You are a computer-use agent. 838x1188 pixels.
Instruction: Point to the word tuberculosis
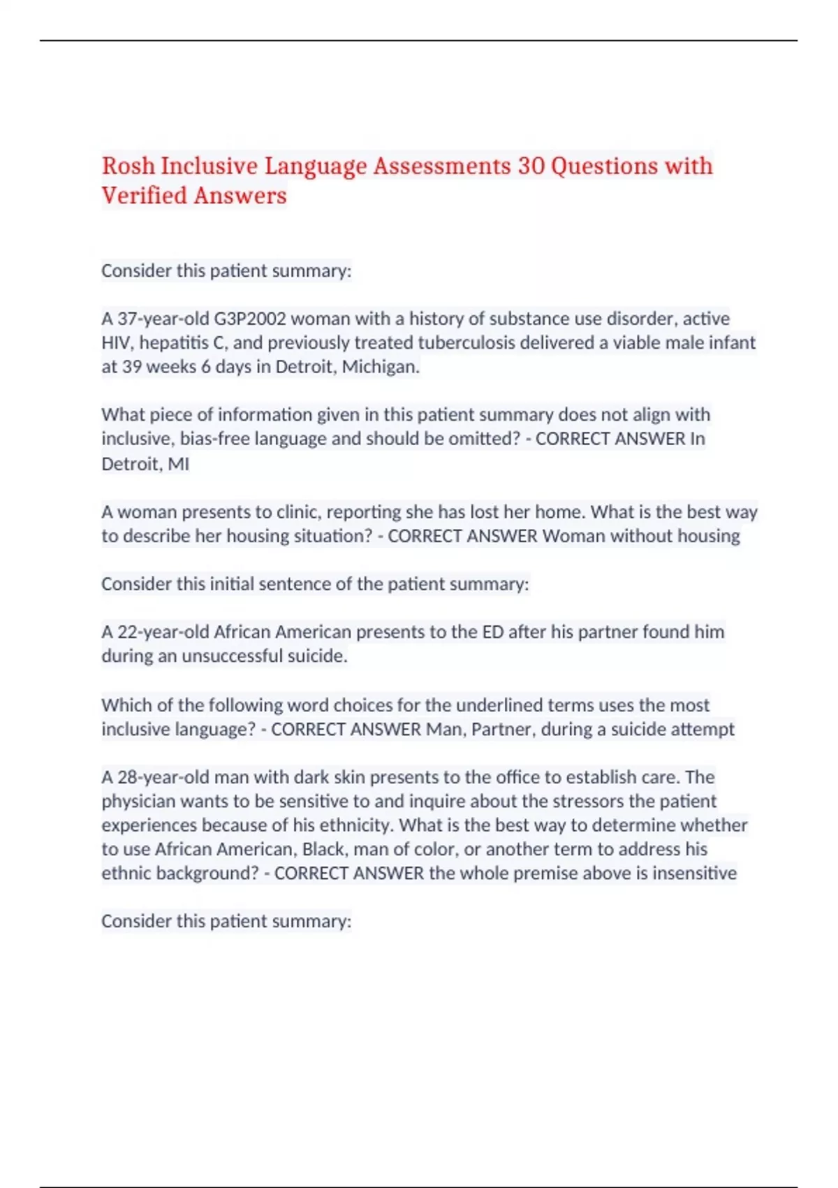[473, 342]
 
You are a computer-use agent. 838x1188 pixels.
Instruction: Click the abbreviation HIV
[117, 342]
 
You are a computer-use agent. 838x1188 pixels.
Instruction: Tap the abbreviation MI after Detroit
[179, 464]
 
